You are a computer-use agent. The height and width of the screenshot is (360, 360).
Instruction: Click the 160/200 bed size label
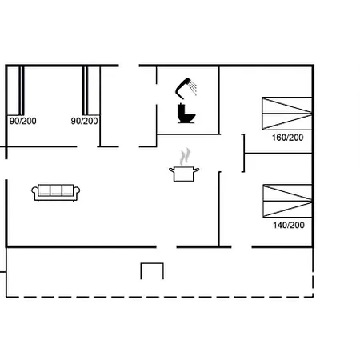pyautogui.click(x=288, y=138)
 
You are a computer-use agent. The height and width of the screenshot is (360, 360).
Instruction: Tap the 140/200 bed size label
pyautogui.click(x=288, y=225)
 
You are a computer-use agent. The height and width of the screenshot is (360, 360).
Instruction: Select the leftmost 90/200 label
pyautogui.click(x=22, y=121)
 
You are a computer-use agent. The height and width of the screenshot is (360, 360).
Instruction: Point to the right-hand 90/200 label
pyautogui.click(x=84, y=121)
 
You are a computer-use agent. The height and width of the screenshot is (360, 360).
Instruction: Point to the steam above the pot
pyautogui.click(x=186, y=154)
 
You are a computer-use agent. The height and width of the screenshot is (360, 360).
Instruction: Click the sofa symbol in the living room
pyautogui.click(x=56, y=191)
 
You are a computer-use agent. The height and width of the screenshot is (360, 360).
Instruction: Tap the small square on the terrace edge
pyautogui.click(x=152, y=271)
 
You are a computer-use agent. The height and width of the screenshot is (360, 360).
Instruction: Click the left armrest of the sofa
pyautogui.click(x=36, y=192)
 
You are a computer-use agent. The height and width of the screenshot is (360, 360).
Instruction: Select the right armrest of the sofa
pyautogui.click(x=77, y=192)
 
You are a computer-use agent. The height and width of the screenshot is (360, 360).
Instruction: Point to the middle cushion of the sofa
pyautogui.click(x=56, y=190)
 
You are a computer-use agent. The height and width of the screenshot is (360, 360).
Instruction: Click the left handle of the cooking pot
pyautogui.click(x=172, y=168)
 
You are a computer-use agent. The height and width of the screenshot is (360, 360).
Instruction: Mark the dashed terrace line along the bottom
pyautogui.click(x=160, y=297)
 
